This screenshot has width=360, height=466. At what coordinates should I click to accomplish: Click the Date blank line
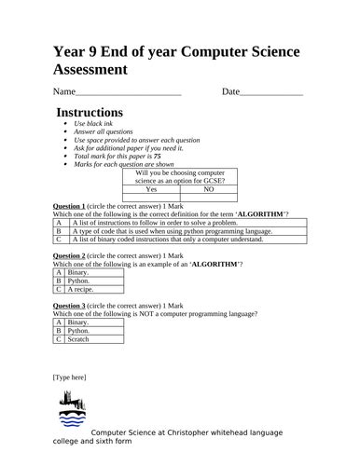(x=271, y=94)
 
